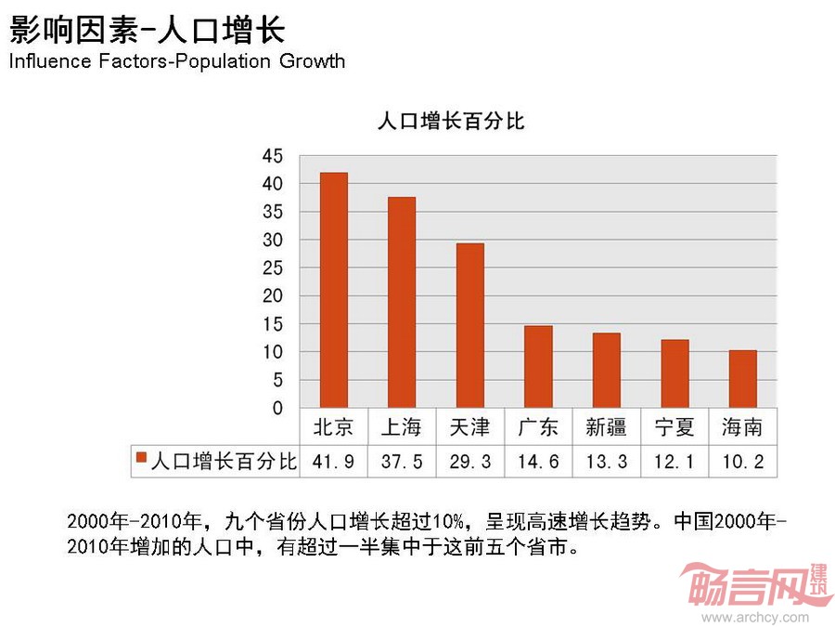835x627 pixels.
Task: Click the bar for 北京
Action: (334, 290)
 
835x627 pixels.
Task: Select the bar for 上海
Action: (402, 302)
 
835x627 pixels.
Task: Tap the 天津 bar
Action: (470, 325)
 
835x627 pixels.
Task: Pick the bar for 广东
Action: (538, 367)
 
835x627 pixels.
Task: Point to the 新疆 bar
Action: (607, 371)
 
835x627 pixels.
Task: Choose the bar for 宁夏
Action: (674, 373)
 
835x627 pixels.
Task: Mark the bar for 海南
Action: (743, 379)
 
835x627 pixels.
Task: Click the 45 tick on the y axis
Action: (273, 156)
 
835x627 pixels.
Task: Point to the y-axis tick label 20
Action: (273, 296)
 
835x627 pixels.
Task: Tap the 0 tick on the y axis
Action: (277, 409)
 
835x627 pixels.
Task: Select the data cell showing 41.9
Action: (333, 462)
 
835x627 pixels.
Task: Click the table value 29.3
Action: (470, 462)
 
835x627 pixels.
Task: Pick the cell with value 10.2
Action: (743, 462)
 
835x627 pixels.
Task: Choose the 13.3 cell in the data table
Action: (607, 462)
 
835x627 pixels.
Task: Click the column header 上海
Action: (402, 427)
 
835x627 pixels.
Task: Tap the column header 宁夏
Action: (674, 427)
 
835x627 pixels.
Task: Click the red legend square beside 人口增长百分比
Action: (142, 457)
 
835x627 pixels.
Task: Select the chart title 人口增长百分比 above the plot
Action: (451, 121)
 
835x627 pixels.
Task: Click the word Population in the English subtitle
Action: (224, 61)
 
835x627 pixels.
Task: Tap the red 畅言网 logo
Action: (754, 585)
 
